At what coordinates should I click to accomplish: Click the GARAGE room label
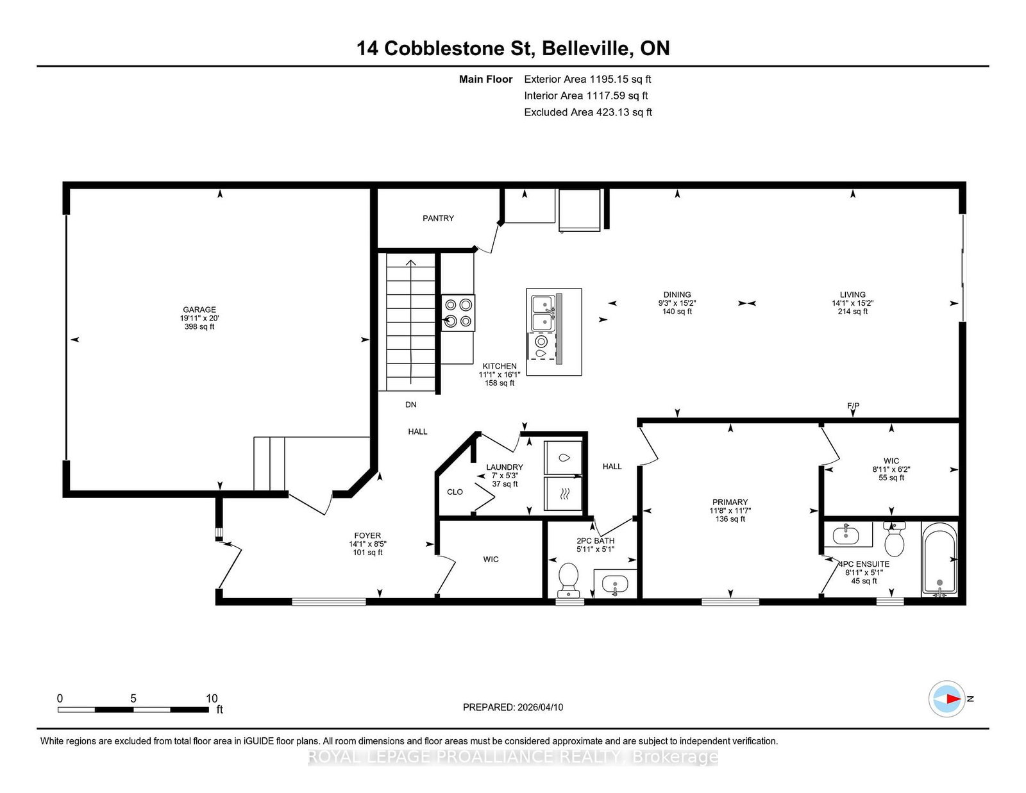199,310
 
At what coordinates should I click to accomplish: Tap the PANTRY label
438,218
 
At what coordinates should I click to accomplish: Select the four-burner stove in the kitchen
458,313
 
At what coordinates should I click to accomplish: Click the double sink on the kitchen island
543,313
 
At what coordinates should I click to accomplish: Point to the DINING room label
677,294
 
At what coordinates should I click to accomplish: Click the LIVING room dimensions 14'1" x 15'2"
853,303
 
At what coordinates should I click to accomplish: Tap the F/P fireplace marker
854,405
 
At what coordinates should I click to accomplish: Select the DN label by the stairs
411,405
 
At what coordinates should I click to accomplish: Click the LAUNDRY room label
505,467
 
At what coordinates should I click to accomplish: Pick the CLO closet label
455,492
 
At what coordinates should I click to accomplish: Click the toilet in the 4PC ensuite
895,538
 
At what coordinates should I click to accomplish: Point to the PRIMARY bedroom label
730,502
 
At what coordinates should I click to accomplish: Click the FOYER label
367,535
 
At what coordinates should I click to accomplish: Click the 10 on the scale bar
212,698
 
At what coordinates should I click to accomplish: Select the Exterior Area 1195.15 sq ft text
587,79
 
